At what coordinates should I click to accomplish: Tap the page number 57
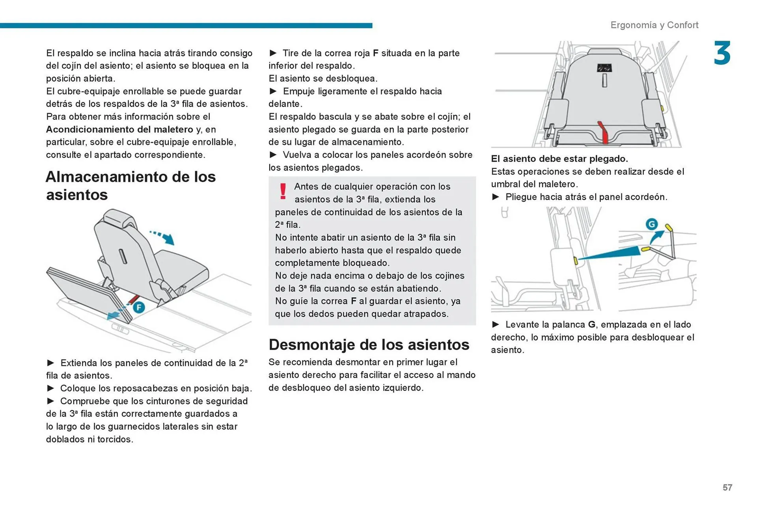point(727,488)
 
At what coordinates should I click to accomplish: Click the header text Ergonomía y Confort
point(654,25)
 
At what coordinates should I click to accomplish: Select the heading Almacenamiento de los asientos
point(131,185)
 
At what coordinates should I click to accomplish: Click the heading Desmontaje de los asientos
point(369,345)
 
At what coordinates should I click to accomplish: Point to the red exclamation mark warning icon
point(283,191)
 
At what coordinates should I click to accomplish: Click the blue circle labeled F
point(139,307)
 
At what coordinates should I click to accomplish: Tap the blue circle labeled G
point(652,224)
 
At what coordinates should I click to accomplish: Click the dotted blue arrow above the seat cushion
point(162,237)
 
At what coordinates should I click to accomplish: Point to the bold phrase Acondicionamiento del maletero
point(119,129)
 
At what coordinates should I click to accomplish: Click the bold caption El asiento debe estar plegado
point(559,158)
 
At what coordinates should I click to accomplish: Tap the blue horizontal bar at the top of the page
point(186,26)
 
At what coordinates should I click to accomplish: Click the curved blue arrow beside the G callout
point(656,237)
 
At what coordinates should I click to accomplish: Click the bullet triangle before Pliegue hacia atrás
point(496,197)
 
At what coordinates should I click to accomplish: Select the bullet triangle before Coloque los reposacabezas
point(50,388)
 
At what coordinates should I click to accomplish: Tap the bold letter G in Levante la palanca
point(591,324)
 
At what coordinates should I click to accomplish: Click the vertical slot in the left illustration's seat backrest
point(123,257)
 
